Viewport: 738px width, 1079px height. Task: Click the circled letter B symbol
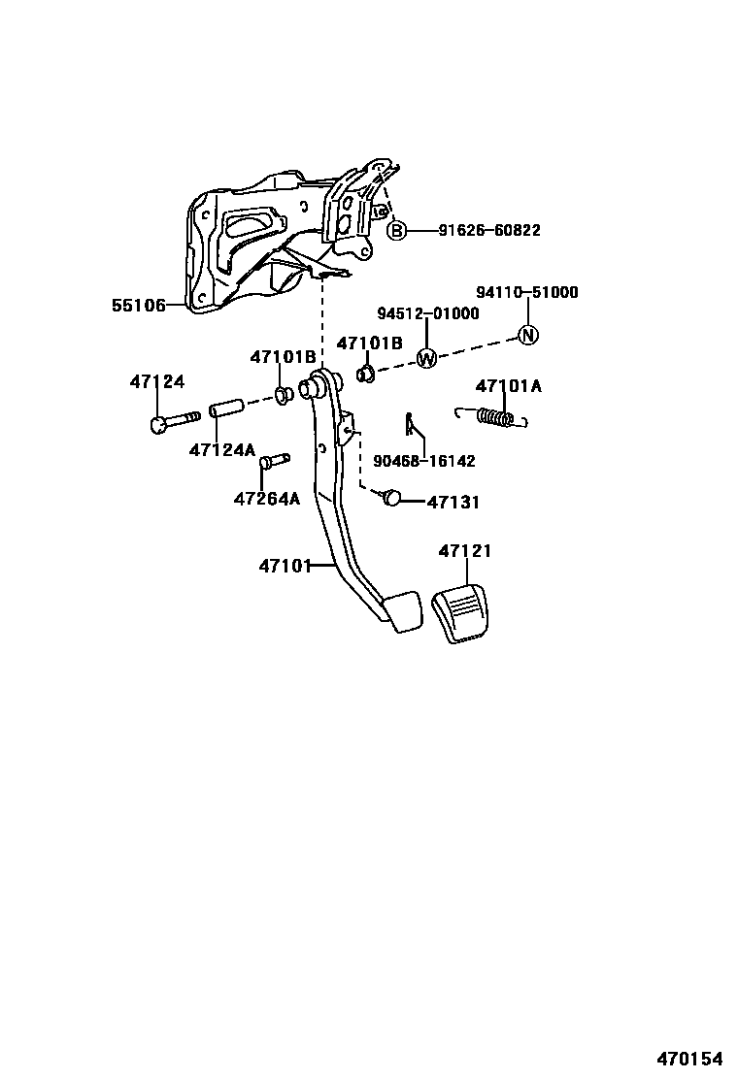click(396, 231)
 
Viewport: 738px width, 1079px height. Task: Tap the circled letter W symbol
click(426, 358)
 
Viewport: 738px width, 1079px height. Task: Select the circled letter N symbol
click(527, 335)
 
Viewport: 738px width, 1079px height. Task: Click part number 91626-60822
click(488, 231)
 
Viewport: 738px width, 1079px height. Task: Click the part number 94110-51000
click(526, 292)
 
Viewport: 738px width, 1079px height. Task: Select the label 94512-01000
click(428, 313)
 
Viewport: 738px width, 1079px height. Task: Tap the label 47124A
click(221, 450)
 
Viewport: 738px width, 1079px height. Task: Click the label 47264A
click(267, 499)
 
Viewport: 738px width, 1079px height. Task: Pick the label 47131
click(453, 503)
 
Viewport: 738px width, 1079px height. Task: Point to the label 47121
click(464, 551)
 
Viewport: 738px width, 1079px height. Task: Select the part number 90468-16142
click(424, 462)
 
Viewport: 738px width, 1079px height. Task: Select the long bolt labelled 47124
click(174, 421)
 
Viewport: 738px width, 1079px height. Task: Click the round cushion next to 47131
click(391, 498)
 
